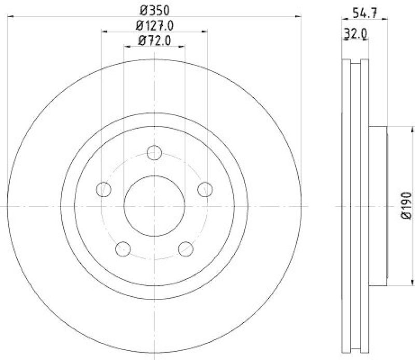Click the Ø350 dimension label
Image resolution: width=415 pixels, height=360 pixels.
(154, 9)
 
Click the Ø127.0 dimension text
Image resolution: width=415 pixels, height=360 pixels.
(155, 24)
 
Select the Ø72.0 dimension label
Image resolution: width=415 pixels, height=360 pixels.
(155, 39)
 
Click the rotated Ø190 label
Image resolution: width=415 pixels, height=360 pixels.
(406, 206)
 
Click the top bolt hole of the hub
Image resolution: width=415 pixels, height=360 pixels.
(155, 153)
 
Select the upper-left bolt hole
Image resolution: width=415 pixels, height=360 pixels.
(104, 189)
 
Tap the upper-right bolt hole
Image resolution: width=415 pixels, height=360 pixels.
(205, 189)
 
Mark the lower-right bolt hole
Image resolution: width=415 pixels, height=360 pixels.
(185, 249)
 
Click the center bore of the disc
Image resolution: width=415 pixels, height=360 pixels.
(155, 206)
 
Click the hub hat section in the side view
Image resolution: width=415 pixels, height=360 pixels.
(378, 206)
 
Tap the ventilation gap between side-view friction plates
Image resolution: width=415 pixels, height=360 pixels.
(356, 206)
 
